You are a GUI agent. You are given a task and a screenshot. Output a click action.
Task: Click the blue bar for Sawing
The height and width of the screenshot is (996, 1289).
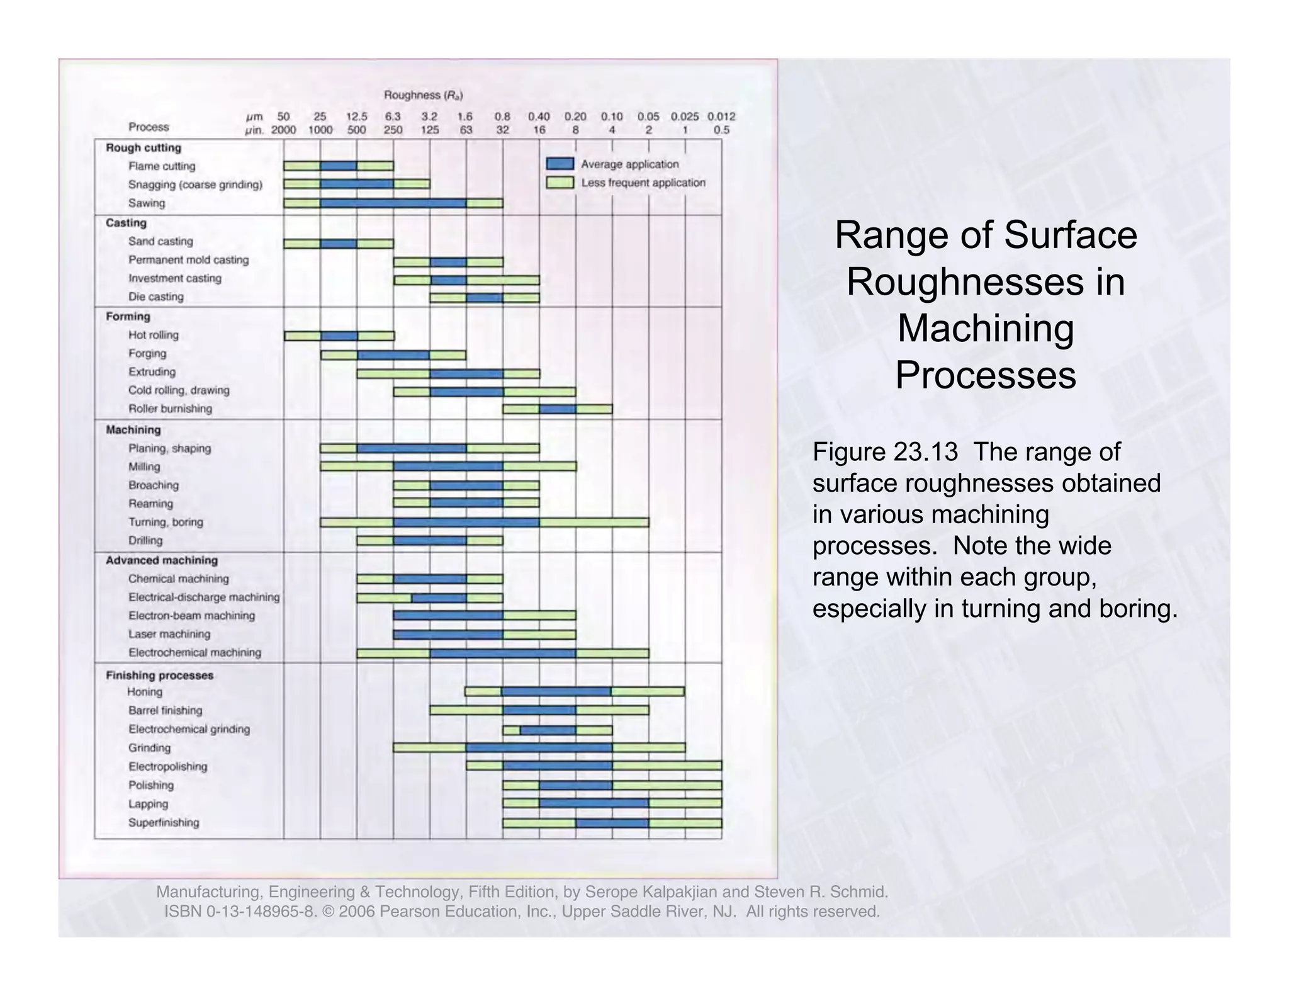[393, 203]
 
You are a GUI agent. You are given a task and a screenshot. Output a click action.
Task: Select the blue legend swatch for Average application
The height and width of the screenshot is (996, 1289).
[560, 164]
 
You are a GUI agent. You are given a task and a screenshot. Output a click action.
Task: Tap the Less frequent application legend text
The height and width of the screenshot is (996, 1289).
[643, 183]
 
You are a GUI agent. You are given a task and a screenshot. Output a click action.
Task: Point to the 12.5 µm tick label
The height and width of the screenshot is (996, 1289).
[356, 116]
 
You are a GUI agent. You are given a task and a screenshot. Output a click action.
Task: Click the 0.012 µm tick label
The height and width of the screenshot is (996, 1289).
[721, 116]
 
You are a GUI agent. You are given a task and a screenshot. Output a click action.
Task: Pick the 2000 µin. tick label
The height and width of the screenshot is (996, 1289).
[283, 130]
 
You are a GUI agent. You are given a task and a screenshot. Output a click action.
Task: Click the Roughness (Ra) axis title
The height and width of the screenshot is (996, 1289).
[424, 95]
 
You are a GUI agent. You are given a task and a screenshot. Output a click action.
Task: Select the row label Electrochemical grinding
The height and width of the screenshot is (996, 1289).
[189, 729]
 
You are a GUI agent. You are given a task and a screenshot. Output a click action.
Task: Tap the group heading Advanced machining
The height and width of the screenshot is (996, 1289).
[162, 560]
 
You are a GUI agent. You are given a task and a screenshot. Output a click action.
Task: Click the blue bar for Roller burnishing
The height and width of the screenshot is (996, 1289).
[558, 409]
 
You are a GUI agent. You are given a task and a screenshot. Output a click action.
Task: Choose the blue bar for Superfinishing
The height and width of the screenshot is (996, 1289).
[612, 823]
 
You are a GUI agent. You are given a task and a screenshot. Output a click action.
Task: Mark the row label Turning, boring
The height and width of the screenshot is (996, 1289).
[166, 522]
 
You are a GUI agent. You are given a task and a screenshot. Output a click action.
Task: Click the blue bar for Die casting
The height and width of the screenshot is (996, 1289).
[485, 298]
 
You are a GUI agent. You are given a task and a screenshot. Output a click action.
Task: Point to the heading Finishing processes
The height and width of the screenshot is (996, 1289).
[159, 676]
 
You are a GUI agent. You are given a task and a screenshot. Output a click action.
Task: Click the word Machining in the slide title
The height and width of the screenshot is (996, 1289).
[985, 329]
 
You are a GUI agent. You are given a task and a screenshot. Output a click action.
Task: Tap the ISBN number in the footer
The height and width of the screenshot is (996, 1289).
[239, 912]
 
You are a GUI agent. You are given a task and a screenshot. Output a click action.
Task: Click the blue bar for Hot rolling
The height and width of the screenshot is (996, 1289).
[339, 336]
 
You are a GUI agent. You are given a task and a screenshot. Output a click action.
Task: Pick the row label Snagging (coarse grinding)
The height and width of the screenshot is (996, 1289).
[195, 184]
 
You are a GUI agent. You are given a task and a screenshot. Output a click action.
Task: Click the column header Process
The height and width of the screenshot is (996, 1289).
[149, 127]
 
